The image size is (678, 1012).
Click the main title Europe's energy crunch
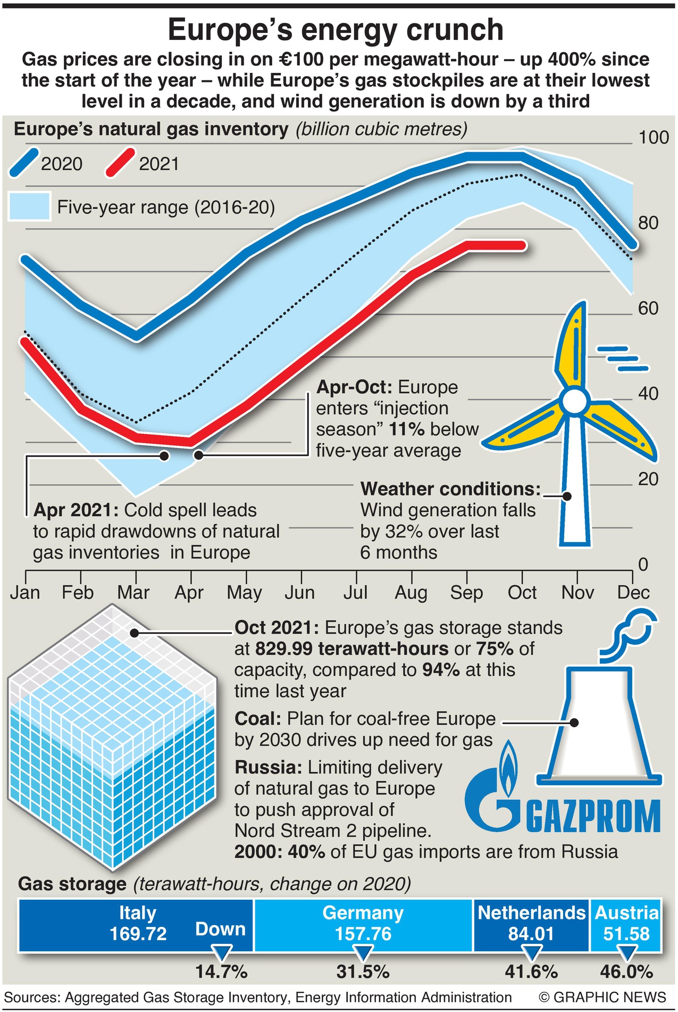pyautogui.click(x=336, y=30)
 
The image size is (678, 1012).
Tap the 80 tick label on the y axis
pyautogui.click(x=648, y=223)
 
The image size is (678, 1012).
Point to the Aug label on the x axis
pyautogui.click(x=411, y=593)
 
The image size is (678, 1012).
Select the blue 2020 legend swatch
pyautogui.click(x=24, y=162)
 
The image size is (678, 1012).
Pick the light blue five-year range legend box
pyautogui.click(x=29, y=206)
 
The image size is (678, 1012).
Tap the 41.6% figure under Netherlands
pyautogui.click(x=531, y=972)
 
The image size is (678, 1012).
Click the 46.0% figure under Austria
pyautogui.click(x=626, y=972)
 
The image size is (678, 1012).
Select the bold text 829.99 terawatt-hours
pyautogui.click(x=351, y=649)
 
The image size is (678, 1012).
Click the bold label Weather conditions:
pyautogui.click(x=450, y=489)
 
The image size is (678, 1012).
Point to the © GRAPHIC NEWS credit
pyautogui.click(x=602, y=997)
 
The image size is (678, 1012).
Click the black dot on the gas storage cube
pyautogui.click(x=135, y=633)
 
